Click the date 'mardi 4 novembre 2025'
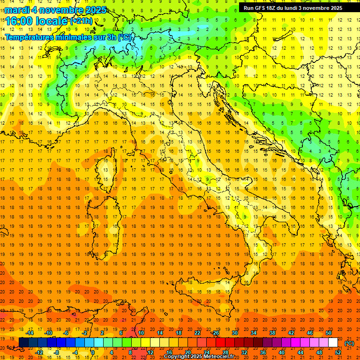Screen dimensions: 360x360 (56, 10)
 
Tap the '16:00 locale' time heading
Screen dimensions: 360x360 (37, 21)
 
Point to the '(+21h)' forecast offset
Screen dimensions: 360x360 (81, 21)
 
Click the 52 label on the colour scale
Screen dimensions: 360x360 (338, 352)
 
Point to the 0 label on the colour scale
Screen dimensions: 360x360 (93, 352)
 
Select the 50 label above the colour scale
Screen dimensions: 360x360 (329, 333)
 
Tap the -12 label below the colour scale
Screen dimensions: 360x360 (39, 352)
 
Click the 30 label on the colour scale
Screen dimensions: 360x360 (235, 333)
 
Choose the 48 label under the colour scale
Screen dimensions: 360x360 (319, 352)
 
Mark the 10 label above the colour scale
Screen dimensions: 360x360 (141, 333)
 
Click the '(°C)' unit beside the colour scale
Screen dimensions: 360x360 (349, 343)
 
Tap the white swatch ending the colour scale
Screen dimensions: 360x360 (333, 343)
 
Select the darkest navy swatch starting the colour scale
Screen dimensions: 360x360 (23, 343)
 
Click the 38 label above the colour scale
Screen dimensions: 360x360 (272, 333)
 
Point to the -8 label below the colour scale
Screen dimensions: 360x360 (57, 352)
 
